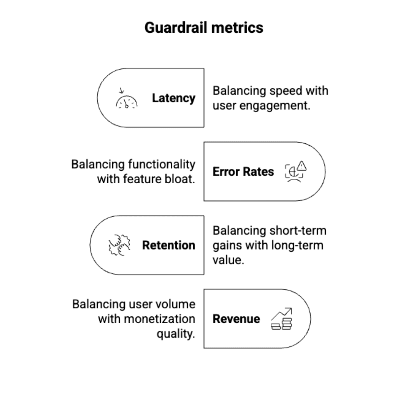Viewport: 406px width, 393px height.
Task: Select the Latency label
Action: click(174, 98)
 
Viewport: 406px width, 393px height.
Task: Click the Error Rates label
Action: click(243, 172)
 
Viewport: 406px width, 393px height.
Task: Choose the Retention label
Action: click(169, 245)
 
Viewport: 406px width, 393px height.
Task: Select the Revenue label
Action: click(236, 319)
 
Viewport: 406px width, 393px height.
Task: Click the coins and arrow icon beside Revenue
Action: click(282, 319)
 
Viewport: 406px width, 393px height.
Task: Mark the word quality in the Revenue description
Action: click(176, 334)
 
